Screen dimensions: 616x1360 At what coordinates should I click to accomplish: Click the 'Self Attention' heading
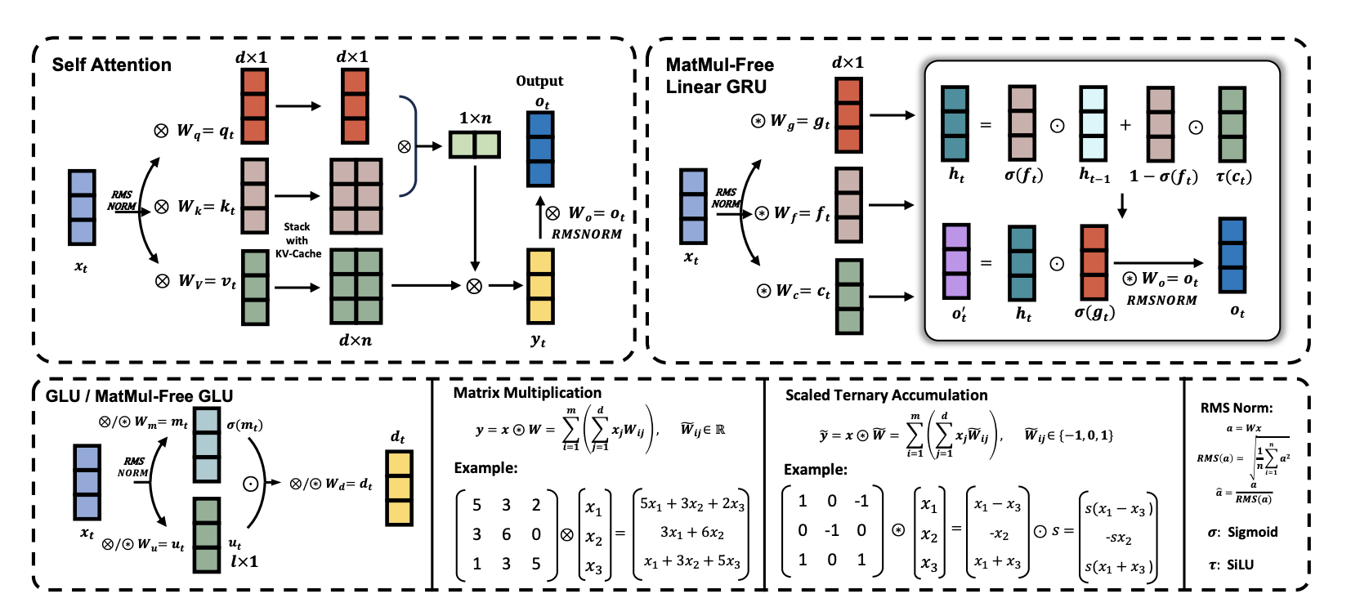(x=112, y=65)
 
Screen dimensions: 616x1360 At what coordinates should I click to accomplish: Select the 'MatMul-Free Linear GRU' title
(x=719, y=75)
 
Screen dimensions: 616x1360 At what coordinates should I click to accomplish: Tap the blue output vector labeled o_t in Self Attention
(x=539, y=149)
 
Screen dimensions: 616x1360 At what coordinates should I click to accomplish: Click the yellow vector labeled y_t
(x=540, y=287)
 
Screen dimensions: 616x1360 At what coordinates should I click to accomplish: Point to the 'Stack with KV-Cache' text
(x=297, y=240)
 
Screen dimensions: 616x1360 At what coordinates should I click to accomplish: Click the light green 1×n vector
(x=475, y=145)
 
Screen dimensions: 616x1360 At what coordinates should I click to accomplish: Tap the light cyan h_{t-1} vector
(x=1094, y=123)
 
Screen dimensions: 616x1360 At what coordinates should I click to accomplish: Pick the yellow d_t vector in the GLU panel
(x=399, y=488)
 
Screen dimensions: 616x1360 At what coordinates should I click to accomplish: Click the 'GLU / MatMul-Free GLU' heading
(x=139, y=396)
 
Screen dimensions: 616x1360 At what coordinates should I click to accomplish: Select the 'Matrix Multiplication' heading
(x=527, y=393)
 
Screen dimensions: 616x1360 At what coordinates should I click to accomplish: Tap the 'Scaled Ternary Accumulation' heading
(x=886, y=395)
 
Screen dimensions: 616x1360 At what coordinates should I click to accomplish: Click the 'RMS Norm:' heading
(x=1236, y=408)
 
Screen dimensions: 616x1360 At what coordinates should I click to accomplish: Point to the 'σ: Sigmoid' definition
(x=1242, y=532)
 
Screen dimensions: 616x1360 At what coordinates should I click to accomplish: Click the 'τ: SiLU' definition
(x=1231, y=565)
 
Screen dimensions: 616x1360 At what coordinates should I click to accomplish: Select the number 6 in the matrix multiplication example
(x=507, y=534)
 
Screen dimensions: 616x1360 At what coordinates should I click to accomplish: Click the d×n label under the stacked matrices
(x=356, y=341)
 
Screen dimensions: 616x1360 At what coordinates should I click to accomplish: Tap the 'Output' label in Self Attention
(x=539, y=81)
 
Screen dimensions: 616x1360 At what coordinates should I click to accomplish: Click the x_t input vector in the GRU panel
(x=693, y=207)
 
